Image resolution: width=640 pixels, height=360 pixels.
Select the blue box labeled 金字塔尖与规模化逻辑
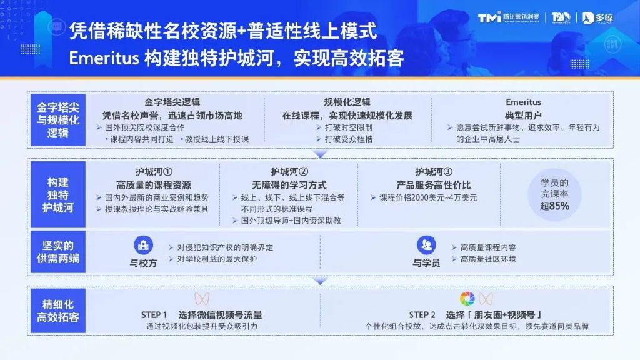click(57, 119)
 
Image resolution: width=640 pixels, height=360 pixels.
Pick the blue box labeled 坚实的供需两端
click(57, 252)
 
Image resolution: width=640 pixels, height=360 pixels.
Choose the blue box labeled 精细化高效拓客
click(57, 311)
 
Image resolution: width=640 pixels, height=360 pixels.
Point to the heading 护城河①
click(153, 171)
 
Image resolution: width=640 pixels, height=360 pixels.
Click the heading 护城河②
click(289, 171)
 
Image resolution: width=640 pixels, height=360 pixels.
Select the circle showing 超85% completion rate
click(554, 194)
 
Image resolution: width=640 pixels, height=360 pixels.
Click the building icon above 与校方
click(143, 244)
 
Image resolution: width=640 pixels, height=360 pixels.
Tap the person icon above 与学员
click(426, 244)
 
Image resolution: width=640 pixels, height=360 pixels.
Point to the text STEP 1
click(154, 314)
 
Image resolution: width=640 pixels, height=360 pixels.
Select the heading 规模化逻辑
click(347, 102)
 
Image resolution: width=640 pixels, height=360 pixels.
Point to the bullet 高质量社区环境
click(488, 259)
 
